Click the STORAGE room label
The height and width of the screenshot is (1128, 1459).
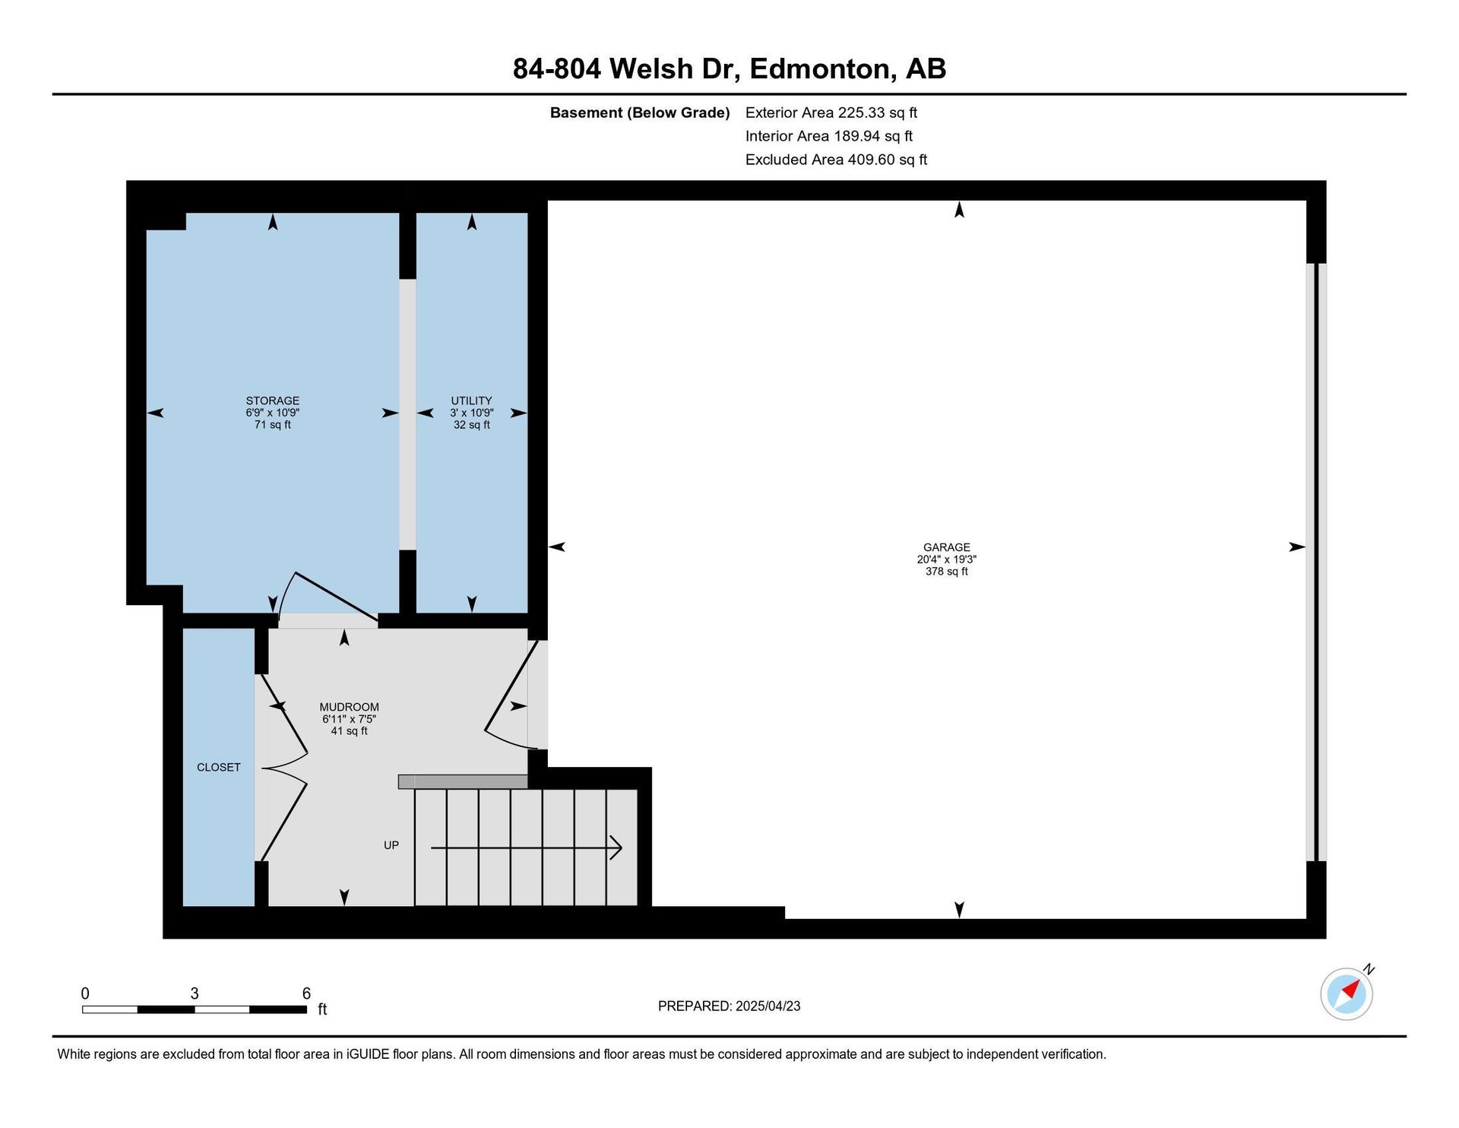point(272,401)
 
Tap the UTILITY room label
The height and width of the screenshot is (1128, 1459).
point(471,401)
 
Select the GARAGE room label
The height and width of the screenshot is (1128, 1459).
point(946,547)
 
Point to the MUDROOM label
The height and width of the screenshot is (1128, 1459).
point(349,707)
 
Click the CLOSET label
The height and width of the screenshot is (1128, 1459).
point(218,768)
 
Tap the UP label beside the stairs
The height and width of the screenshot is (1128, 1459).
point(391,845)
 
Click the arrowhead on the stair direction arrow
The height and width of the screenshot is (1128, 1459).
point(616,848)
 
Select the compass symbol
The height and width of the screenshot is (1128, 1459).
point(1347,992)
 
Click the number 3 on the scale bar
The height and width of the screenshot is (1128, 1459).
point(195,993)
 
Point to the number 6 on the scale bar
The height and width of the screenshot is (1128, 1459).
point(306,993)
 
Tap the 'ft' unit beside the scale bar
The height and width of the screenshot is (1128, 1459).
point(322,1009)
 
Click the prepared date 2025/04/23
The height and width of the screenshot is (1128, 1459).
point(767,1006)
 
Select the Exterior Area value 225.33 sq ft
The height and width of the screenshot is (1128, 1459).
point(878,112)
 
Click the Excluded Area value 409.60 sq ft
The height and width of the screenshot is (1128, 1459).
point(888,160)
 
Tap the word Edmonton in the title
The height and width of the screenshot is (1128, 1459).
point(820,68)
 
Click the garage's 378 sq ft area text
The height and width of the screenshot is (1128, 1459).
point(946,572)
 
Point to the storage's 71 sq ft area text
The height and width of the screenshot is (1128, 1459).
point(272,425)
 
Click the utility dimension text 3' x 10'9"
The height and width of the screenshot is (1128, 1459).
point(471,413)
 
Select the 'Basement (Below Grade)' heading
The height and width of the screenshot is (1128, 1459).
point(640,112)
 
